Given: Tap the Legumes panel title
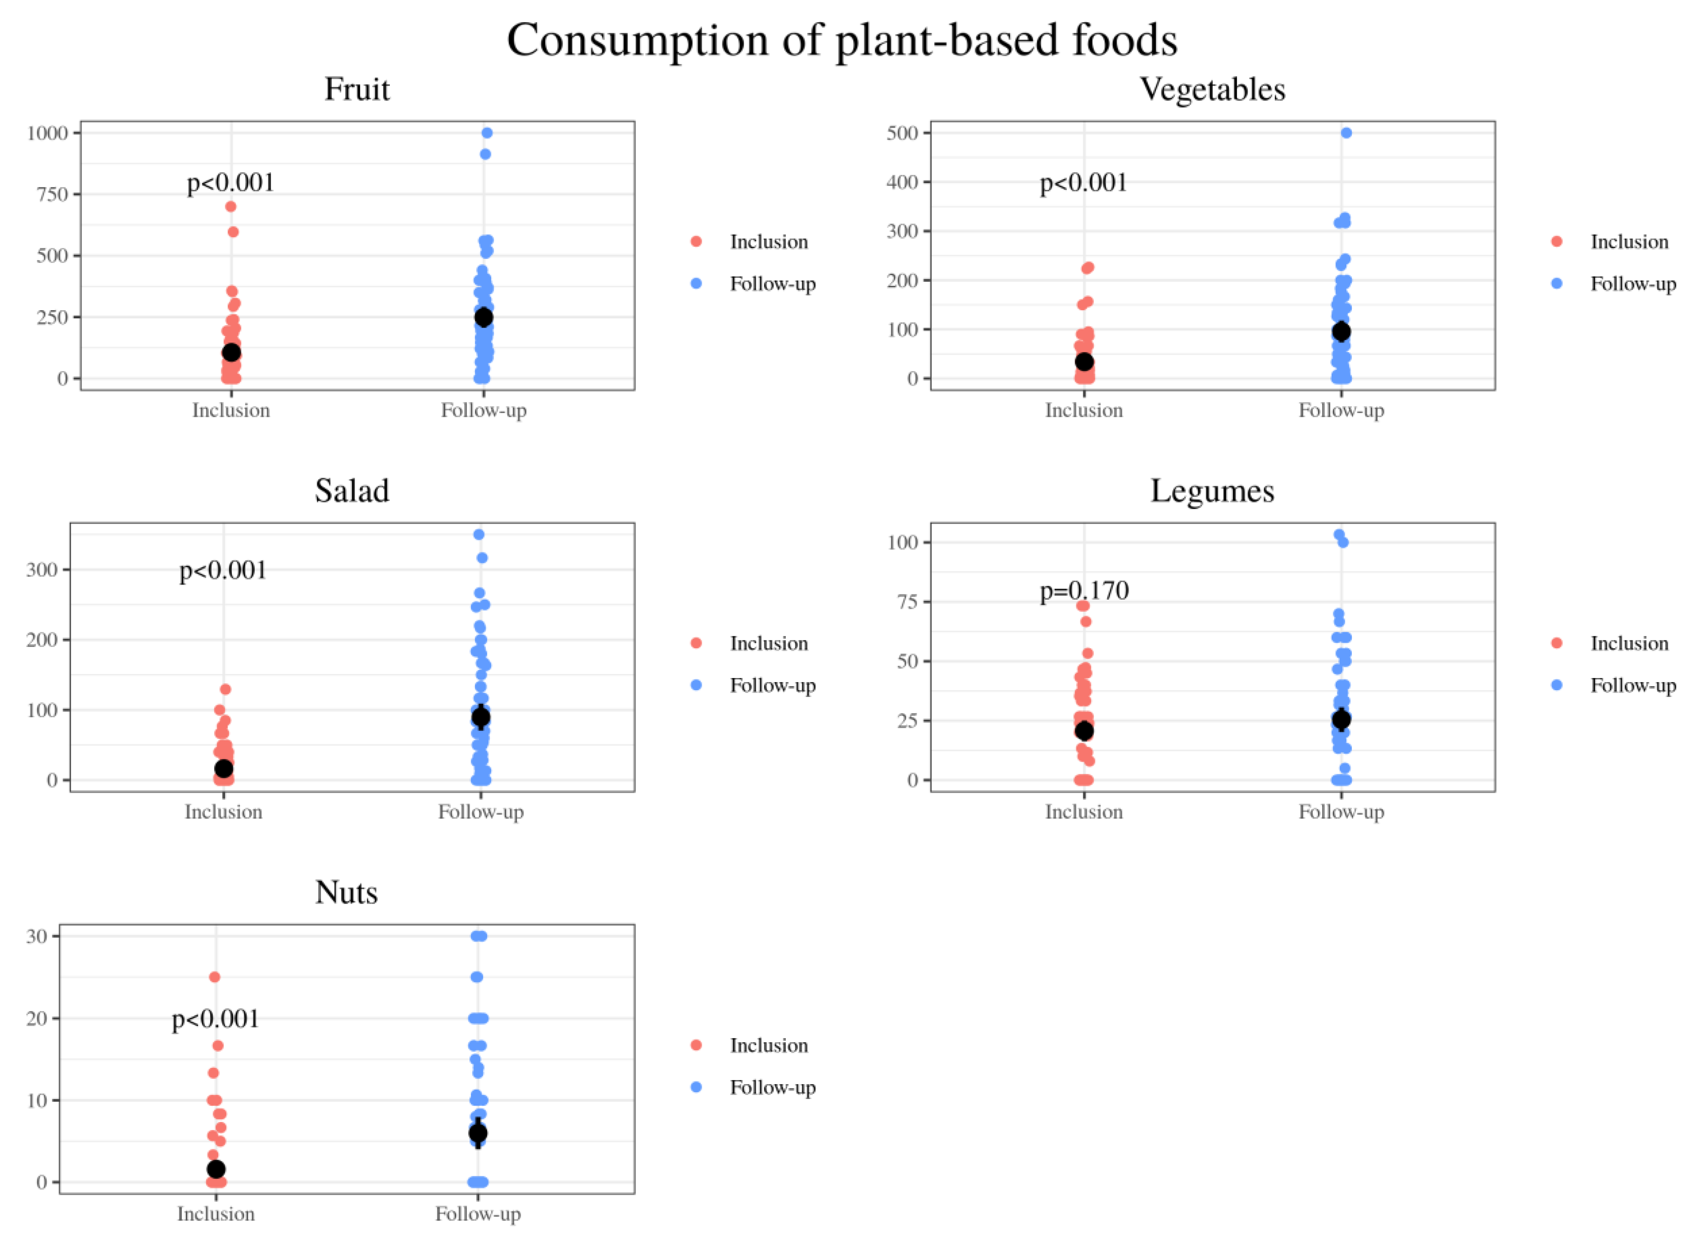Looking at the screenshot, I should pyautogui.click(x=1212, y=491).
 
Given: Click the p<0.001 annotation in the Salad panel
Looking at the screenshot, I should pyautogui.click(x=223, y=571).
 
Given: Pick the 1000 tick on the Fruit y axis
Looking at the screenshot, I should pyautogui.click(x=47, y=134).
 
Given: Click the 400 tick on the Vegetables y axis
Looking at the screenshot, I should pyautogui.click(x=902, y=182).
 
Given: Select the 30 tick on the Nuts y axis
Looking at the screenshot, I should pyautogui.click(x=37, y=937).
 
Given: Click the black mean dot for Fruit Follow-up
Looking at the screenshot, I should pyautogui.click(x=484, y=317).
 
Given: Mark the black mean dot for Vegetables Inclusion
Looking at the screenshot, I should pyautogui.click(x=1084, y=362).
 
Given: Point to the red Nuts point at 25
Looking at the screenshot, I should pyautogui.click(x=214, y=977).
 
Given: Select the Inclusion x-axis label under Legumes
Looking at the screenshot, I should pyautogui.click(x=1084, y=812).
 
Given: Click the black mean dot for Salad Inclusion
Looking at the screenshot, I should pyautogui.click(x=223, y=769).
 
